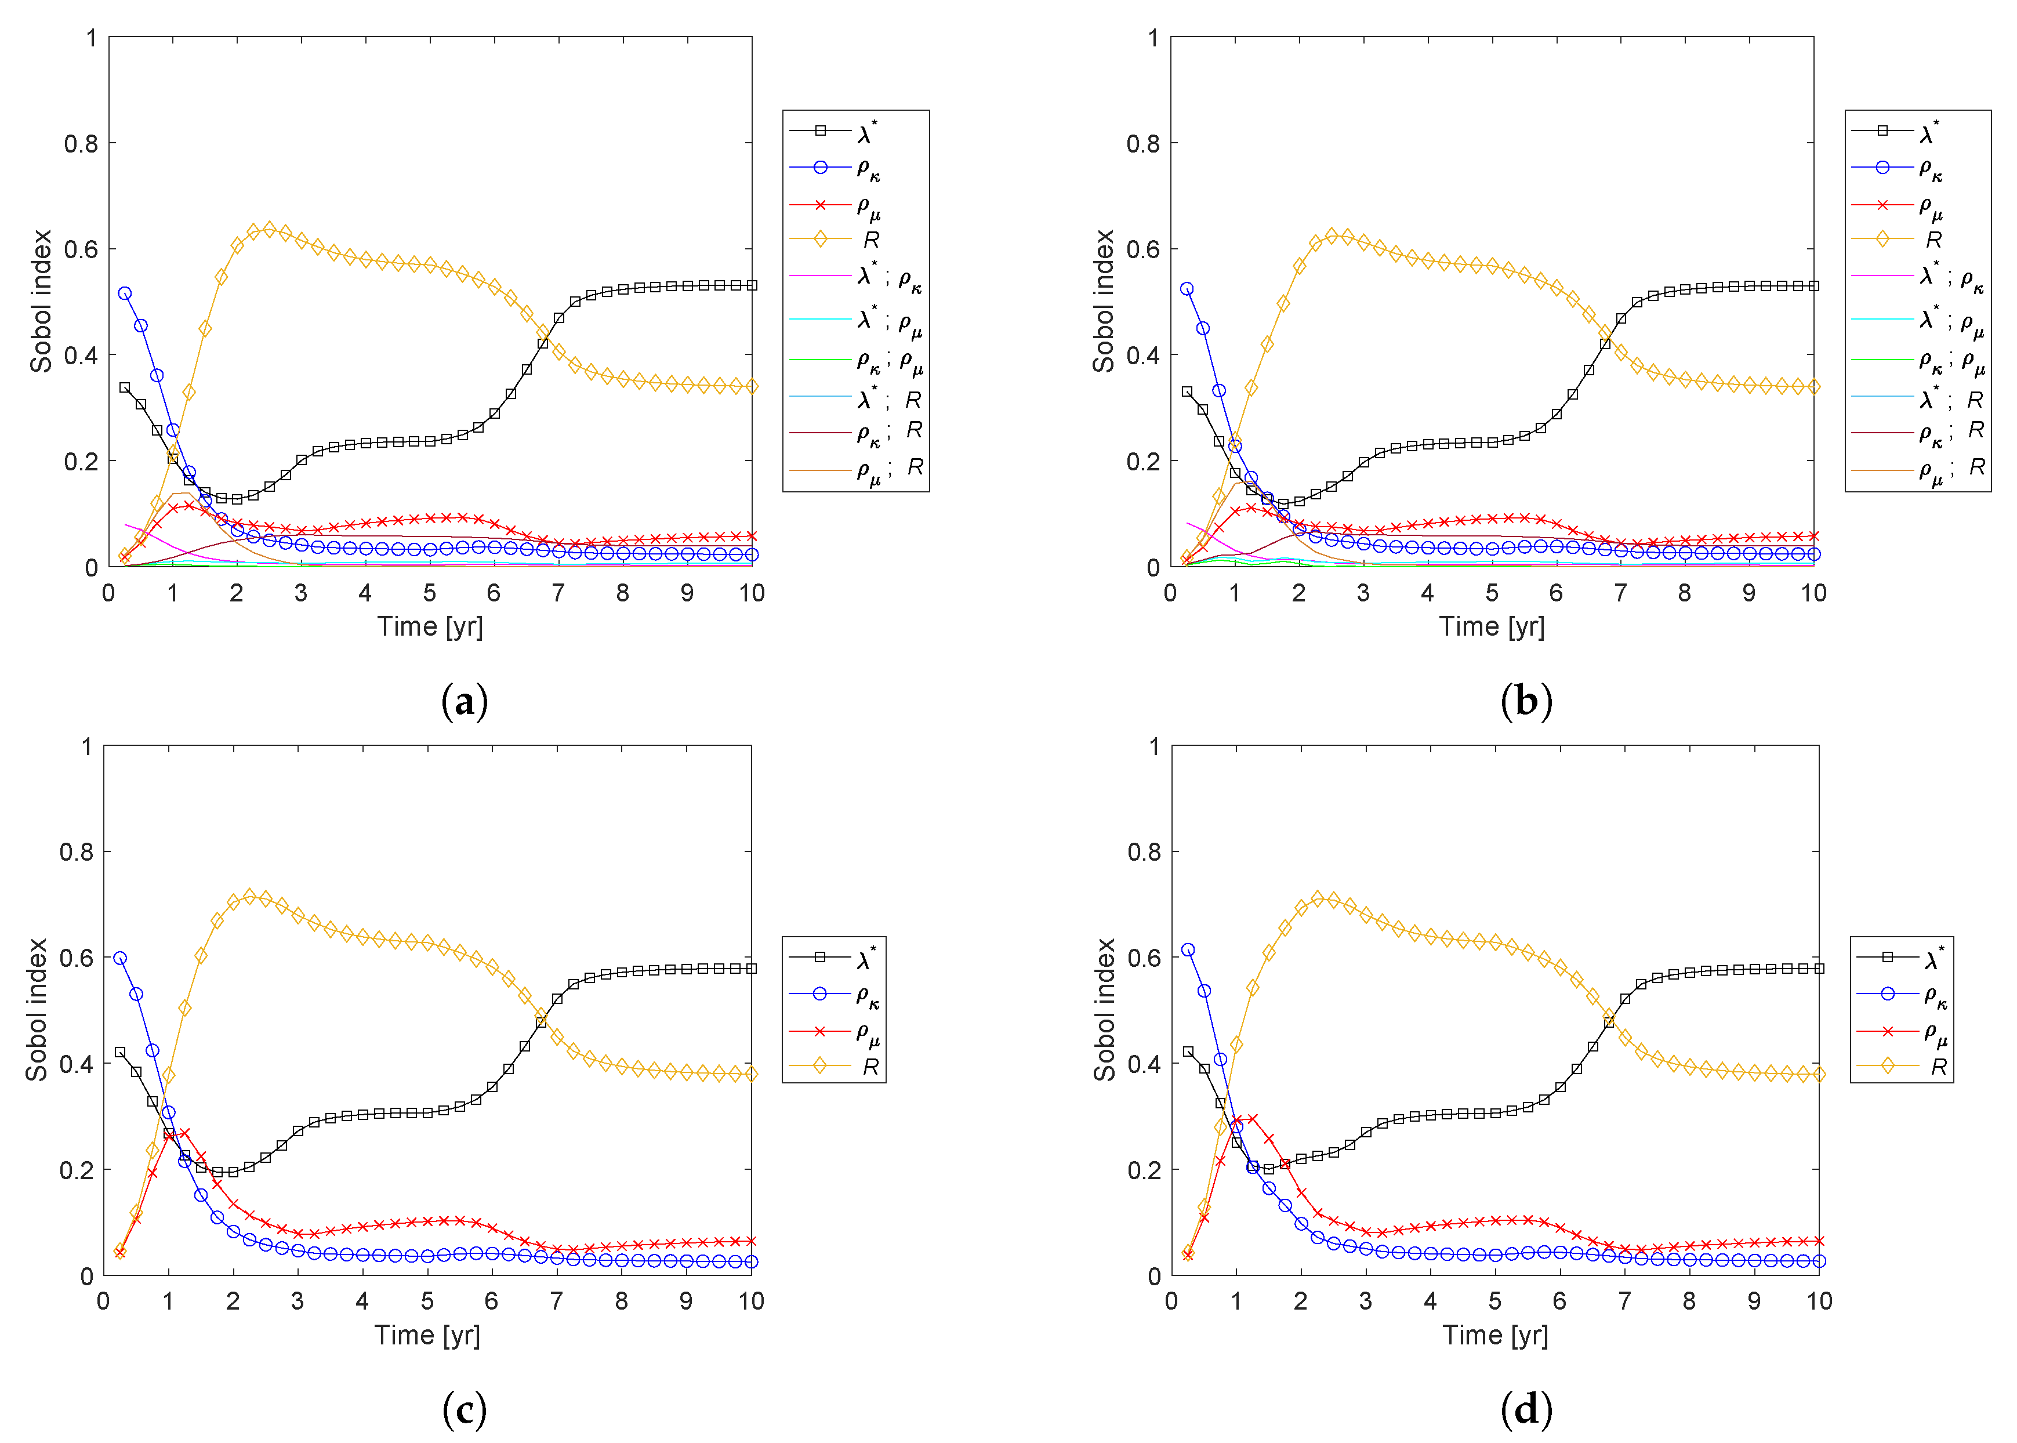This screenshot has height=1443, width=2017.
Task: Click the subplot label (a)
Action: (x=465, y=702)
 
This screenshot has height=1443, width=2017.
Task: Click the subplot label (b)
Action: (x=1526, y=702)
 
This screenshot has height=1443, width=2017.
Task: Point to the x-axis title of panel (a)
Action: (x=430, y=626)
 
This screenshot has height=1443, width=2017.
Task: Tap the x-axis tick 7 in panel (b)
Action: (x=1620, y=593)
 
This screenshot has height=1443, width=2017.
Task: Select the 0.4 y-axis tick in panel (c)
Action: (x=77, y=1064)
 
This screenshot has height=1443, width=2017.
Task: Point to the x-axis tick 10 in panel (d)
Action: (x=1819, y=1301)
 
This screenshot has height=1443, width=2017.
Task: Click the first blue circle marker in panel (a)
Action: (x=125, y=293)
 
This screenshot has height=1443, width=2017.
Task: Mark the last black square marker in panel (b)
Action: (x=1813, y=286)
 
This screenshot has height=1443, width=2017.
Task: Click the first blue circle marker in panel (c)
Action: (x=120, y=958)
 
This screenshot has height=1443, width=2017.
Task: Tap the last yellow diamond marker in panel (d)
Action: (x=1819, y=1074)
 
